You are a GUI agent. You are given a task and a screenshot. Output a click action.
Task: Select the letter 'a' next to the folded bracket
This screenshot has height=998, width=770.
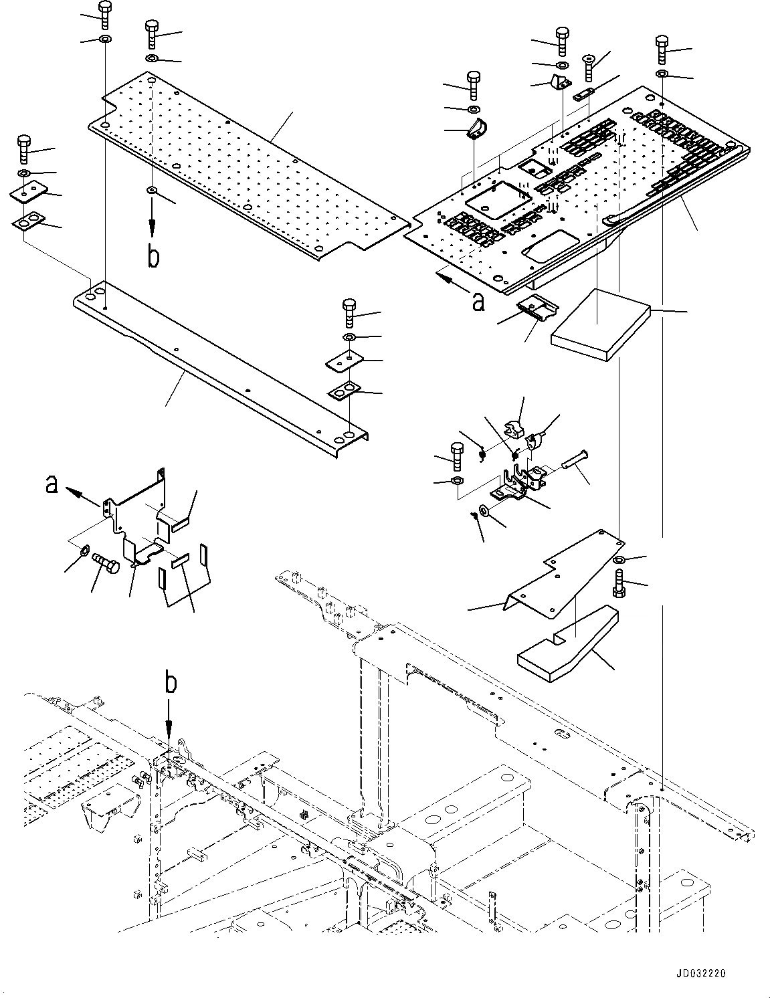pos(51,484)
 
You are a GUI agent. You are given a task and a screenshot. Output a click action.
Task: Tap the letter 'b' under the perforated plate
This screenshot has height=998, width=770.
pos(153,257)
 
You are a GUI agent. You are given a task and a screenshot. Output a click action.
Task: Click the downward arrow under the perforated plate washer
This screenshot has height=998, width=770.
pos(153,224)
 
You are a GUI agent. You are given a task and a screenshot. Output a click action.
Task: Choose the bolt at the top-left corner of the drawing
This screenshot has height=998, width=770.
pos(105,15)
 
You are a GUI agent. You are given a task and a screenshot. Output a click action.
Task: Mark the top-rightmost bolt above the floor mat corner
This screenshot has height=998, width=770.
pos(662,47)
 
